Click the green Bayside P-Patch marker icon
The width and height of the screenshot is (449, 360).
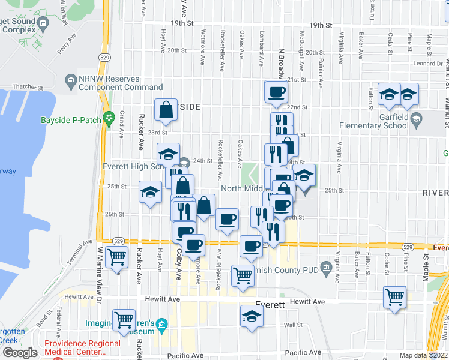tap(109, 119)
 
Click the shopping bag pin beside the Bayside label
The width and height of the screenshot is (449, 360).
tap(166, 110)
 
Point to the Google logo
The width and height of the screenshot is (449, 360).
tap(20, 353)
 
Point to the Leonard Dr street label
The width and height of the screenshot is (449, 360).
tap(427, 64)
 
